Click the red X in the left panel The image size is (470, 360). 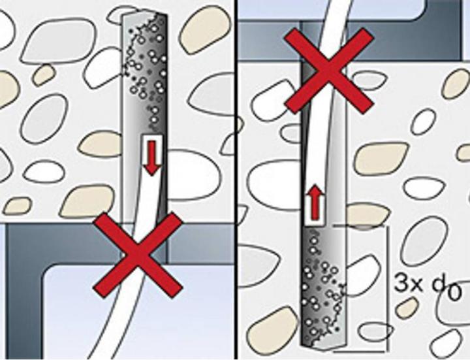pos(138,255)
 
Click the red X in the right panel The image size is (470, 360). pos(329,71)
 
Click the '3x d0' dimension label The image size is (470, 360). pos(426,287)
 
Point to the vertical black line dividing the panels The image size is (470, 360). pos(236,180)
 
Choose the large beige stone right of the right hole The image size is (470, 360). pos(381,158)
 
